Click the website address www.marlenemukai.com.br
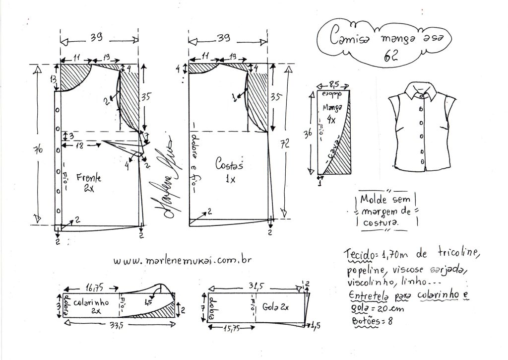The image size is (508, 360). pyautogui.click(x=180, y=260)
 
